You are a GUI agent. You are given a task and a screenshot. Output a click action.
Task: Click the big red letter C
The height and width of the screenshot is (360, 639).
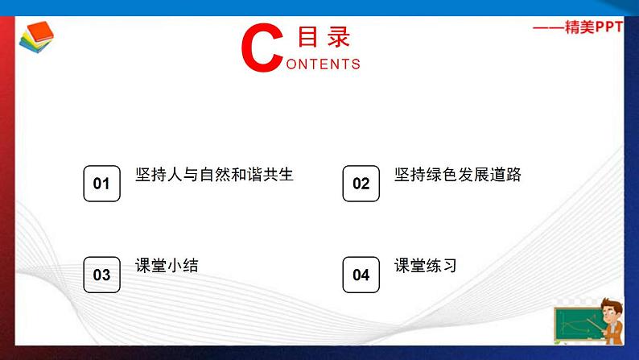tap(262, 48)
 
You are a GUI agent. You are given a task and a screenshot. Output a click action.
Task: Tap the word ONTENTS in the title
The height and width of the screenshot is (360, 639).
tap(323, 64)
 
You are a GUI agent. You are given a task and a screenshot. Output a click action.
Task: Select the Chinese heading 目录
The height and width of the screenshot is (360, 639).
tap(324, 37)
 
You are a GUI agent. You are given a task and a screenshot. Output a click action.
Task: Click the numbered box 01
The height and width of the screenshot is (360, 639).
tap(101, 184)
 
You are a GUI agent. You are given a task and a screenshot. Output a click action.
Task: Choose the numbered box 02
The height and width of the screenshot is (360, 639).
tap(361, 184)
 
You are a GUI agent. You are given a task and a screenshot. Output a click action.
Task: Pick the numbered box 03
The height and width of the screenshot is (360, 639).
tap(101, 275)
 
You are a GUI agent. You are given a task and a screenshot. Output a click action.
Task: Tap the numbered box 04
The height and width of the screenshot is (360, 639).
tap(361, 275)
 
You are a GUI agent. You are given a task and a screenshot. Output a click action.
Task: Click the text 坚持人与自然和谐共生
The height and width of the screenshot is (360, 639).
tap(215, 175)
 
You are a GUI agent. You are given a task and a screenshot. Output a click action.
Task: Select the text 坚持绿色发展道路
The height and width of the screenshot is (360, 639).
tap(457, 175)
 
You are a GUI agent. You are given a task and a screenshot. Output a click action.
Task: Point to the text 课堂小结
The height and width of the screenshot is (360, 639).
tap(167, 266)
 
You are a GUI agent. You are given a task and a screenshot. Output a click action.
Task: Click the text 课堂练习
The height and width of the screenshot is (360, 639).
tap(426, 266)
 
